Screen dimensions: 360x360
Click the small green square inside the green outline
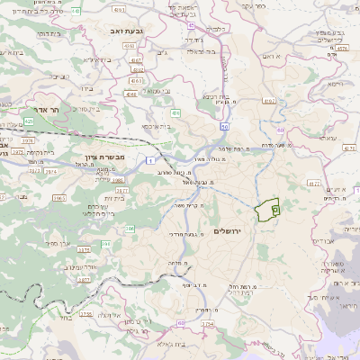(x=275, y=208)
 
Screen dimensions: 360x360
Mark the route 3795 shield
(x=85, y=314)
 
